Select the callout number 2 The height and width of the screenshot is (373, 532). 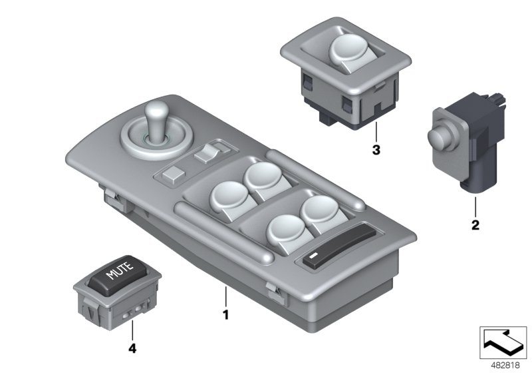(475, 225)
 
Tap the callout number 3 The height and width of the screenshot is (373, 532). (376, 151)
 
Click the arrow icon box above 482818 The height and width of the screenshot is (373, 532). (505, 340)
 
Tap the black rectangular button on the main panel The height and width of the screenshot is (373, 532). (313, 258)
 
